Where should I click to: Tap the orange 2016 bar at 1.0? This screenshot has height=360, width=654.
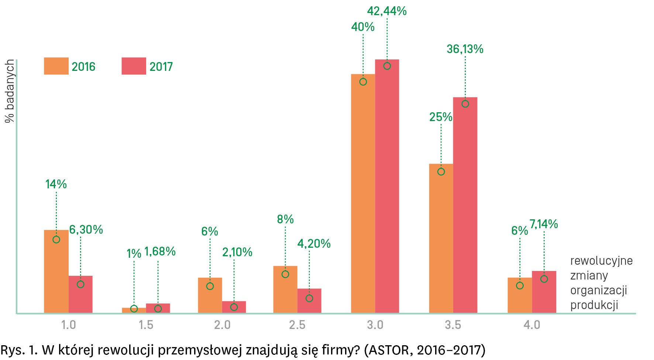pyautogui.click(x=56, y=273)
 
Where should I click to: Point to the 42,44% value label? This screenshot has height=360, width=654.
pyautogui.click(x=387, y=11)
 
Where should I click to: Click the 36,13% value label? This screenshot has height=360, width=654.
pyautogui.click(x=465, y=49)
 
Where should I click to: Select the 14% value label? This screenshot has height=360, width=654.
pyautogui.click(x=56, y=184)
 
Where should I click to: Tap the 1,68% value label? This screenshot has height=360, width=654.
pyautogui.click(x=160, y=251)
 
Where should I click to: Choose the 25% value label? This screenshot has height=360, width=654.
pyautogui.click(x=441, y=117)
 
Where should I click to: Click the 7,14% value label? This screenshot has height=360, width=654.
pyautogui.click(x=544, y=224)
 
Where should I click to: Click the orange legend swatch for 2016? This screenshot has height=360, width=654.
pyautogui.click(x=56, y=66)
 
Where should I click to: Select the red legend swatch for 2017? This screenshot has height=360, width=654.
pyautogui.click(x=134, y=66)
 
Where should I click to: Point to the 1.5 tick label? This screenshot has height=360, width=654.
pyautogui.click(x=146, y=325)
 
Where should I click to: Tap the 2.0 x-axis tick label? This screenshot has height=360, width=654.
pyautogui.click(x=222, y=325)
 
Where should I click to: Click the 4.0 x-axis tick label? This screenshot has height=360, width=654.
pyautogui.click(x=532, y=325)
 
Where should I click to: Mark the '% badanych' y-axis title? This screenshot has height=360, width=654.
pyautogui.click(x=10, y=91)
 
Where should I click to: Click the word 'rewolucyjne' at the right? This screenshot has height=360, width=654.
pyautogui.click(x=601, y=261)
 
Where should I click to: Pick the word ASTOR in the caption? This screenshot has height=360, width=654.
pyautogui.click(x=389, y=350)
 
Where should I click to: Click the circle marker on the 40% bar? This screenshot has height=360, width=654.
pyautogui.click(x=363, y=82)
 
